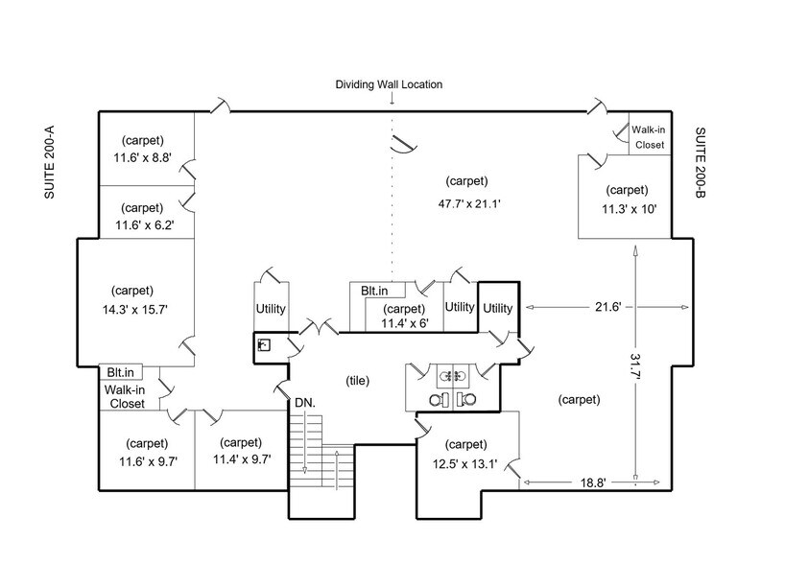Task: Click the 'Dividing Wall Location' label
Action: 389,84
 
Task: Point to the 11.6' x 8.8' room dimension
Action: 142,158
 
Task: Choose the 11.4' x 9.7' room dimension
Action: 241,459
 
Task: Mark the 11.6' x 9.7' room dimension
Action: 147,460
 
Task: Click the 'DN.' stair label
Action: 304,401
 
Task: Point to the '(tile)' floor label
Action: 357,381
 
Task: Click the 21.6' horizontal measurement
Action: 607,307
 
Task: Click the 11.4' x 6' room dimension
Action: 404,323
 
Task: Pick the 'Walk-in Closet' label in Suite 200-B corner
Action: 649,137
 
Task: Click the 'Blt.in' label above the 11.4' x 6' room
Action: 375,290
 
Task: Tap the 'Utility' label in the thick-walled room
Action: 497,308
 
